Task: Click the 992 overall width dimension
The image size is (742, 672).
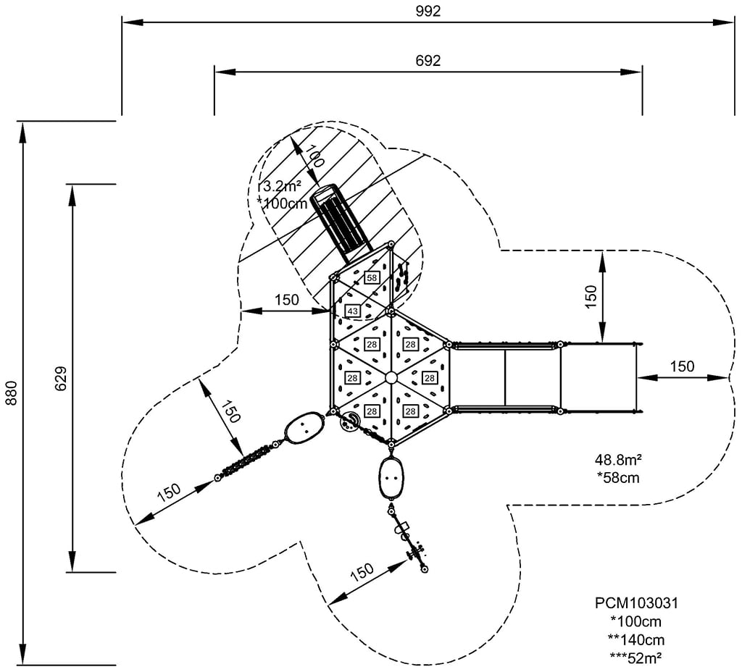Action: pos(428,11)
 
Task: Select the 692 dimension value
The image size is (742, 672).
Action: pos(428,60)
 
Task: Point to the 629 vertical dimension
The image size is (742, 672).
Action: pos(60,378)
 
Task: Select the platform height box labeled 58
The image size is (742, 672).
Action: pos(372,277)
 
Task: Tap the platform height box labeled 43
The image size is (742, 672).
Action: pos(352,311)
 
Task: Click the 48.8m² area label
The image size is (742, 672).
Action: pos(620,460)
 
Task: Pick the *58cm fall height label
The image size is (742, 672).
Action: pos(620,477)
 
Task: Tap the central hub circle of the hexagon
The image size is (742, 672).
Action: pos(391,377)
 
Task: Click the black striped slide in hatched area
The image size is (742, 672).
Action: pos(341,222)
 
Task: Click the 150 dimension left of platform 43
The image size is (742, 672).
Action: pos(287,300)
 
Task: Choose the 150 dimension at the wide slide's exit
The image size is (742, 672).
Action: pos(682,366)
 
